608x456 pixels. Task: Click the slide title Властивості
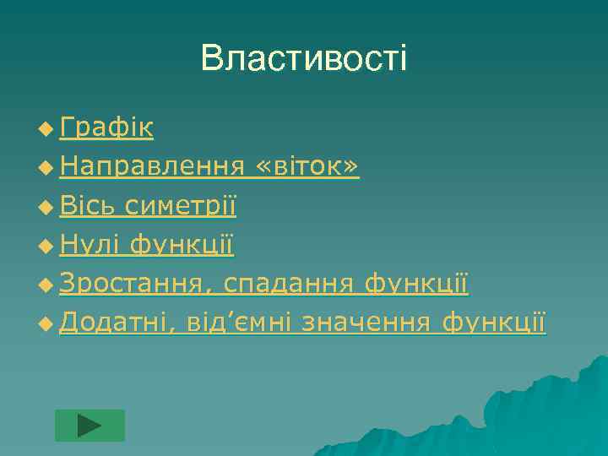[304, 58]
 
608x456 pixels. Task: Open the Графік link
[106, 128]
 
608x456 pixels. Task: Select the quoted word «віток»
[312, 167]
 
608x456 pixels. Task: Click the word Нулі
[90, 245]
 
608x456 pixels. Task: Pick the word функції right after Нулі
[182, 245]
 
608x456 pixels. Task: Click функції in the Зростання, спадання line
[416, 284]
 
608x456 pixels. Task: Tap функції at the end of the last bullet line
[494, 323]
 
